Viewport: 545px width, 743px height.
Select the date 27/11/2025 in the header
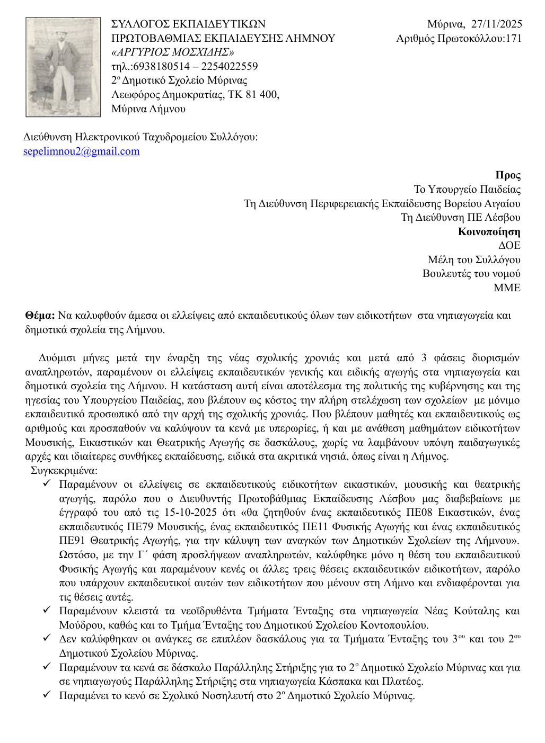tap(497, 24)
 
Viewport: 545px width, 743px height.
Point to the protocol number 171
tap(514, 38)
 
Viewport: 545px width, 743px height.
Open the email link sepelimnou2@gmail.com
tap(82, 151)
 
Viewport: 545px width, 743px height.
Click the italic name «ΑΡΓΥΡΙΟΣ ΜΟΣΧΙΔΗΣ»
tap(173, 52)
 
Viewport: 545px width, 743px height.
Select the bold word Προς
tap(507, 175)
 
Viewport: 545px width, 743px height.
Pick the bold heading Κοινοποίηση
tap(489, 232)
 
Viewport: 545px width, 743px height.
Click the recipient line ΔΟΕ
tap(509, 246)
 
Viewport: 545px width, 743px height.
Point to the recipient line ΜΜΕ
tap(507, 288)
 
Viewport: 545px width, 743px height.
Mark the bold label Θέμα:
tap(40, 316)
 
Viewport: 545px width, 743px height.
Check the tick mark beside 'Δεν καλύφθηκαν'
tap(47, 639)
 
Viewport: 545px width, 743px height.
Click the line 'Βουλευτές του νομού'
tap(471, 274)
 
